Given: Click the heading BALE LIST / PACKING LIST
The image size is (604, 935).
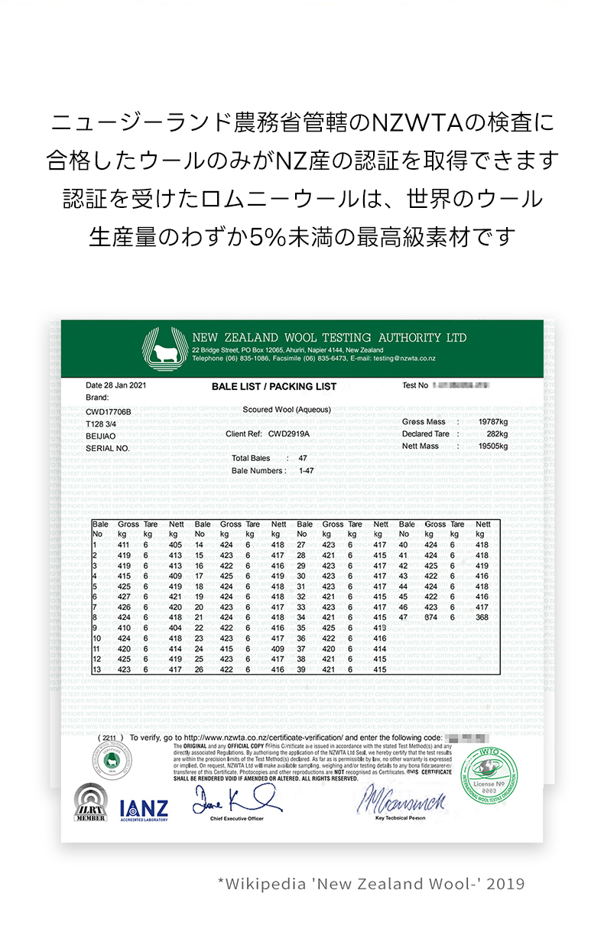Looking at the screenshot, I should coord(274,387).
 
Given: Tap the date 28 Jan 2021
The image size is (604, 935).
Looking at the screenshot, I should coord(115,385).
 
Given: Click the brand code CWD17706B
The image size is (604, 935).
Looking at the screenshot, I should coord(109,412).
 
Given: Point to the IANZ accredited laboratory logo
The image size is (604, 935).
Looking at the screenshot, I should coord(144,809).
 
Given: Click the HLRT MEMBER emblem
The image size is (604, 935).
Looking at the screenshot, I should coord(90,803).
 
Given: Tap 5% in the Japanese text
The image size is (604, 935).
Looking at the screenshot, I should coord(269,237).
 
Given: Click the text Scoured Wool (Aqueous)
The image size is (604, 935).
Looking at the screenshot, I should coord(287,410).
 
